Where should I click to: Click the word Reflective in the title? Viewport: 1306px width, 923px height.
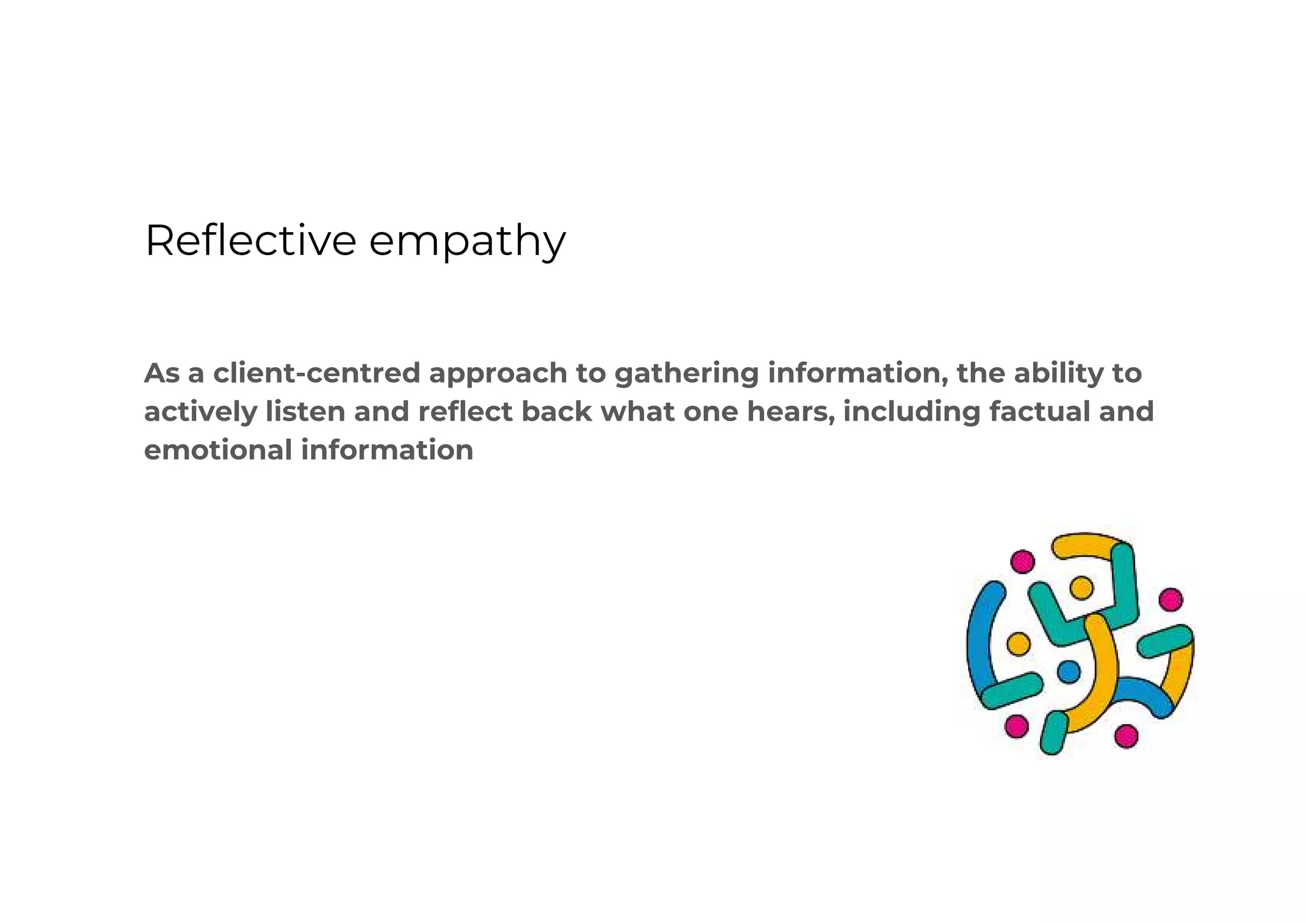click(250, 241)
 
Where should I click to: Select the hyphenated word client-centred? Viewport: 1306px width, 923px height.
click(316, 374)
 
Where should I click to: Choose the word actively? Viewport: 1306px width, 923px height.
click(200, 412)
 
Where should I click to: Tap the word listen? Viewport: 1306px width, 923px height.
click(305, 411)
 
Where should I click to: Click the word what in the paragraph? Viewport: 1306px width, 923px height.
click(637, 411)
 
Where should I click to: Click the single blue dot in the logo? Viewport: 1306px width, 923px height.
click(1069, 672)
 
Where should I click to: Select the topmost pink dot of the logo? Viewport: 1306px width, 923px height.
click(1023, 562)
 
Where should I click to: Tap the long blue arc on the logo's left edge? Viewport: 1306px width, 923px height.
click(979, 637)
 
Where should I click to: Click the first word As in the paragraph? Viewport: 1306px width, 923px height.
click(161, 374)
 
